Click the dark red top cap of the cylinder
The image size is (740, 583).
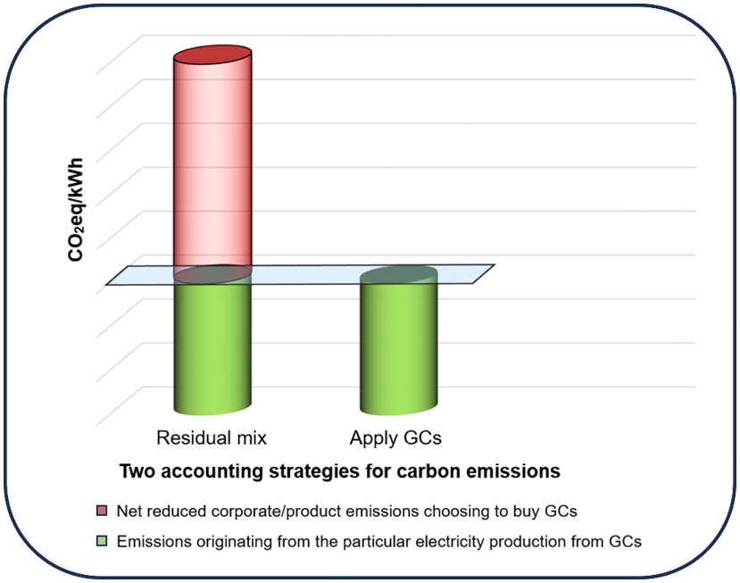tap(212, 52)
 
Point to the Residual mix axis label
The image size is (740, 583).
tap(211, 438)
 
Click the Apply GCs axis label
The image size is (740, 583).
tap(395, 438)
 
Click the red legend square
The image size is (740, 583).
tap(102, 511)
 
